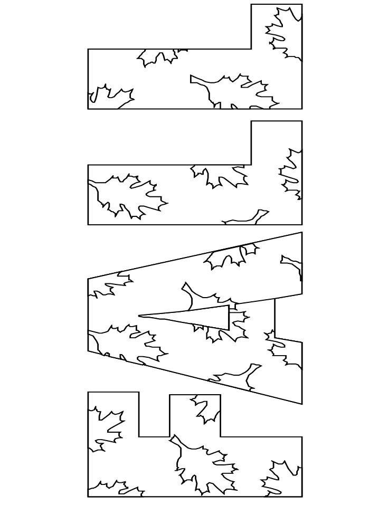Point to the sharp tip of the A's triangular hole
pos(139,316)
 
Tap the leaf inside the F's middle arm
pos(205,409)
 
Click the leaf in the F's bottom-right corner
pos(280,478)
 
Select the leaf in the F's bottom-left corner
pos(116,489)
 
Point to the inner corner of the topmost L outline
pos(251,49)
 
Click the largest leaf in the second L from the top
pos(127,195)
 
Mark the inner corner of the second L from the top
pos(251,165)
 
